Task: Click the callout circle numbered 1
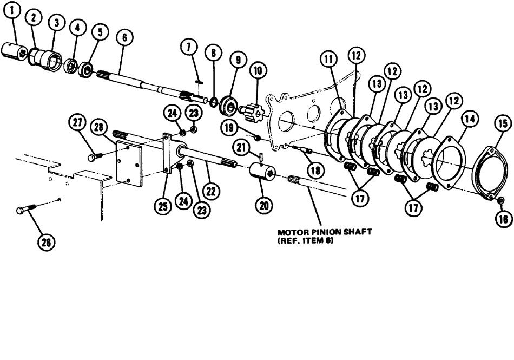point(14,10)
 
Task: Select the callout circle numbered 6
point(124,38)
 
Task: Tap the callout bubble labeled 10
point(258,70)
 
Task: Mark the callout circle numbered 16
point(502,219)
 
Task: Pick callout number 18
point(315,169)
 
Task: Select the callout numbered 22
point(212,190)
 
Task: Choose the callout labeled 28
point(98,127)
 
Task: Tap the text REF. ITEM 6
point(304,241)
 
